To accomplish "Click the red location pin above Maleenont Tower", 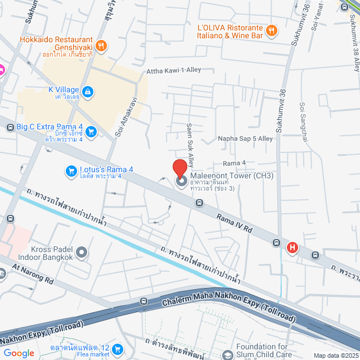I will [x=179, y=169].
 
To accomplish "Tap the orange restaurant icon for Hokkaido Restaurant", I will [x=101, y=46].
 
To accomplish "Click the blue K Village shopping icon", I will [x=87, y=91].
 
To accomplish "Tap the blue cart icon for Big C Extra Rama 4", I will [x=92, y=132].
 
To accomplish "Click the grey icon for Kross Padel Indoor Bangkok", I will [x=82, y=252].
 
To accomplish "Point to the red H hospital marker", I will [x=292, y=247].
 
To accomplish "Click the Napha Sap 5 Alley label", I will [x=245, y=138].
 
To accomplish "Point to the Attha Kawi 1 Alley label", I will [x=174, y=71].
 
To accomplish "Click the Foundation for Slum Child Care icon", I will [x=227, y=354].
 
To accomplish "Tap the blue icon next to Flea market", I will [x=118, y=349].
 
